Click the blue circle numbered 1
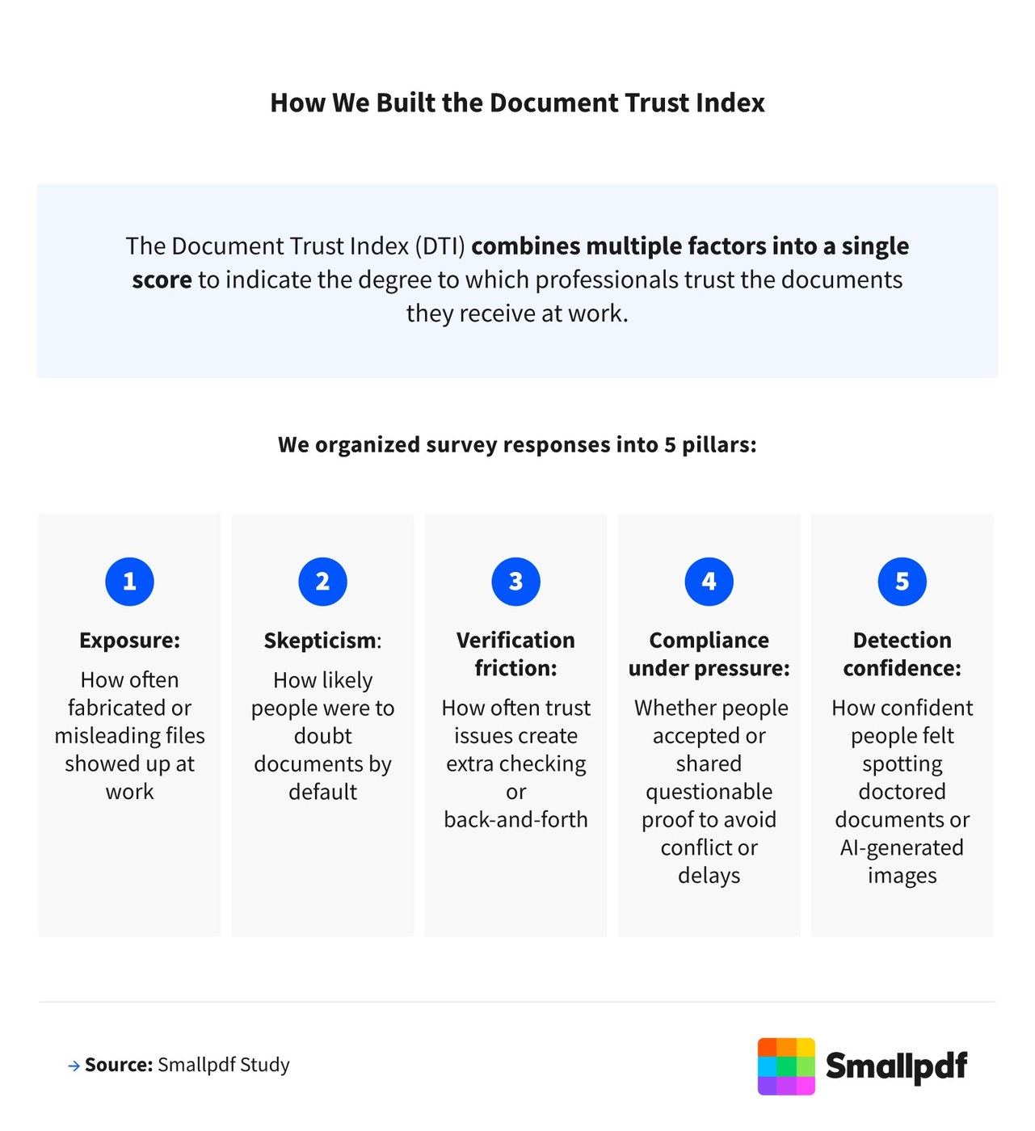pos(129,582)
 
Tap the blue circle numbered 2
pos(322,582)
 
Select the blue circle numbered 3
pos(515,582)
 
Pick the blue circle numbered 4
pos(709,582)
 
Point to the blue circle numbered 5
pos(902,582)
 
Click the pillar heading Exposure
pos(130,641)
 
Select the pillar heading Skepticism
pos(322,641)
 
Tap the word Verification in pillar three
pos(515,640)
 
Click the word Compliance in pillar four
pos(709,641)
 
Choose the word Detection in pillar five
pos(902,640)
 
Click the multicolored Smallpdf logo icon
pos(786,1066)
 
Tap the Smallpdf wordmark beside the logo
pos(897,1066)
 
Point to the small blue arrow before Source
pos(74,1066)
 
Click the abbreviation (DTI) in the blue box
pos(440,246)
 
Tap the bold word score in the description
pos(162,280)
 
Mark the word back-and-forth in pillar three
pos(515,819)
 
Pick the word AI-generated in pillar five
pos(902,848)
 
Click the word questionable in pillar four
pos(709,793)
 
